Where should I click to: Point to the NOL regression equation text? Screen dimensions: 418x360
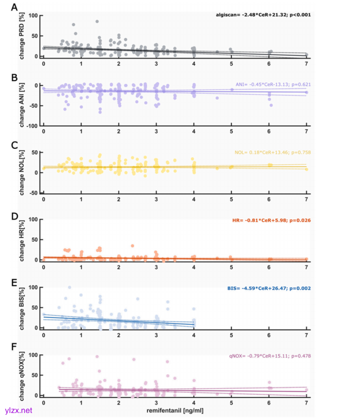(x=274, y=152)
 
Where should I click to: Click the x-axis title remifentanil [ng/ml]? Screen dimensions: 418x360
(x=174, y=410)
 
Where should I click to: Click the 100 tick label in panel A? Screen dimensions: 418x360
(x=32, y=15)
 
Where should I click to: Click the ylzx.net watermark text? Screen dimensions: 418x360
(x=18, y=410)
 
